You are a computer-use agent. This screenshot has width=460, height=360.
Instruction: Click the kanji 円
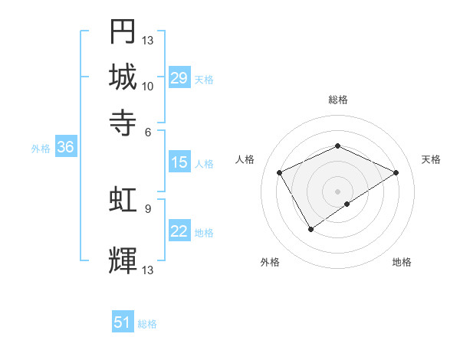[123, 32]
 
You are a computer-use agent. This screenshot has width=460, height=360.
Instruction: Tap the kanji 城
[123, 77]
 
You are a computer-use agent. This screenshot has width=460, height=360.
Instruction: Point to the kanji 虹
[123, 201]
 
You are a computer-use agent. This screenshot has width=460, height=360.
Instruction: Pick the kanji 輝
[123, 260]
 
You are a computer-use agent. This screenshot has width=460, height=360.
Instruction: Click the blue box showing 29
[179, 78]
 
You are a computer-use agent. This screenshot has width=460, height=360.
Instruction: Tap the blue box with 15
[179, 162]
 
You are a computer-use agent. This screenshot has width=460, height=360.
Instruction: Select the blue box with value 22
[179, 232]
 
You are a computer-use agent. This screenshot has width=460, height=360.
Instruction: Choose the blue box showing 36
[65, 149]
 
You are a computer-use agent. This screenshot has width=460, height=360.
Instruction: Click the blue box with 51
[123, 323]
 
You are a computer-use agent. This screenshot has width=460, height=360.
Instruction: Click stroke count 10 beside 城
[148, 86]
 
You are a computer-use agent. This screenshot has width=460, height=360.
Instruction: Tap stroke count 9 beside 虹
[149, 208]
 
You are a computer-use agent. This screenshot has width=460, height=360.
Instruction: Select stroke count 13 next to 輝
[148, 270]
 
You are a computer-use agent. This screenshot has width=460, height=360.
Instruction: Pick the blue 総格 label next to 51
[147, 324]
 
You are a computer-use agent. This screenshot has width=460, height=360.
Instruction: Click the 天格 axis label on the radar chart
[432, 159]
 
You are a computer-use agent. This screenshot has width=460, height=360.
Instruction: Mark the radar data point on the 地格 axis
[347, 204]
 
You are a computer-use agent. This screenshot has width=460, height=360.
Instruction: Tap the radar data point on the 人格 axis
[280, 172]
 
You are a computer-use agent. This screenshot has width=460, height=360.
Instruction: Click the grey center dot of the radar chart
[337, 191]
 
